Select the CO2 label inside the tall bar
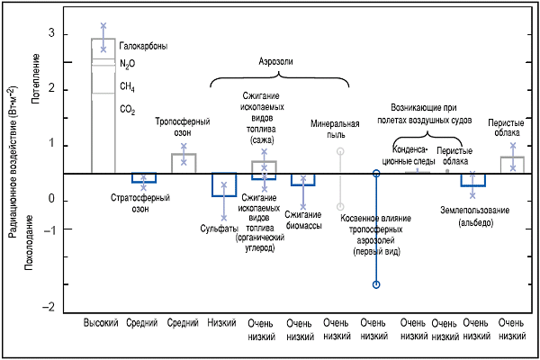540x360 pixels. click(x=128, y=109)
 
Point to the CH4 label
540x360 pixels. click(x=128, y=87)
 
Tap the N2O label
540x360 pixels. click(x=128, y=65)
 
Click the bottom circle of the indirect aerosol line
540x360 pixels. click(x=377, y=285)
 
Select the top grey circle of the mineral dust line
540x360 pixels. click(x=340, y=151)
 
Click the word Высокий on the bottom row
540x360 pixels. click(x=101, y=322)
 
